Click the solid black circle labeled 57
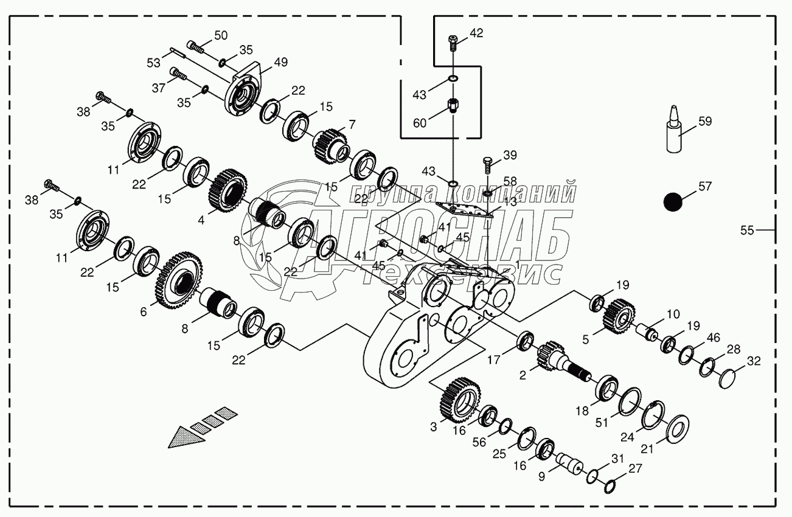[672, 202]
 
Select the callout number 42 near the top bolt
[476, 33]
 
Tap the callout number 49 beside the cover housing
[280, 62]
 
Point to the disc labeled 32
[729, 378]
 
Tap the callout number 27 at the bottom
[635, 468]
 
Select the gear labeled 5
[619, 315]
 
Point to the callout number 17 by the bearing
[493, 359]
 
